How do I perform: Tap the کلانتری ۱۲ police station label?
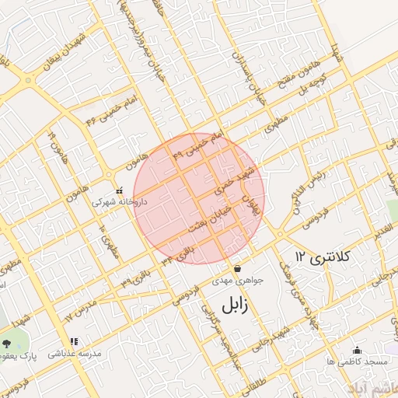tap(323, 256)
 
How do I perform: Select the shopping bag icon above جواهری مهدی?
tap(237, 269)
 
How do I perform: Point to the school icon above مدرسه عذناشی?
tap(74, 341)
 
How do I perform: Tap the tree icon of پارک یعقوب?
tap(7, 341)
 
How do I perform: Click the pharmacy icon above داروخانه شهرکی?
tap(119, 190)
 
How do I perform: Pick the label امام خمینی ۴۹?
tap(197, 144)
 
